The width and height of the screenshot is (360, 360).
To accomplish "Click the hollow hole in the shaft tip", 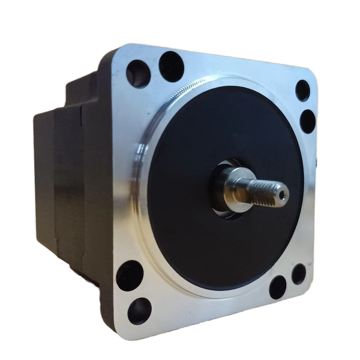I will pos(282,193).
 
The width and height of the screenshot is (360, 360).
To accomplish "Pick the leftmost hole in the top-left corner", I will pos(138,74).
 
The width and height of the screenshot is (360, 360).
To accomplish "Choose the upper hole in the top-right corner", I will pos(303,90).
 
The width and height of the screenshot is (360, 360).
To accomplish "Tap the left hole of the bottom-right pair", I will pos(277,287).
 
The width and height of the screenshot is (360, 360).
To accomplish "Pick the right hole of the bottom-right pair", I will pos(299,274).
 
